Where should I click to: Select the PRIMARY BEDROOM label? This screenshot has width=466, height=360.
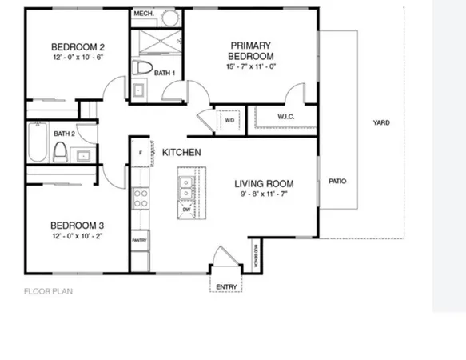point(250,50)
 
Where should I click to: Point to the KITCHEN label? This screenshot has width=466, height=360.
point(181,152)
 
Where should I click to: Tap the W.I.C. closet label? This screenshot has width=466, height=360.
point(287,116)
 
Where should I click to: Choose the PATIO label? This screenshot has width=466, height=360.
point(337,181)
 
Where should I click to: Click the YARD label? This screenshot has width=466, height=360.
point(380,122)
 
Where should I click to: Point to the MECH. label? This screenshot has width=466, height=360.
point(144,14)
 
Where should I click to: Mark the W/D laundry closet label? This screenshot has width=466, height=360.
point(229,121)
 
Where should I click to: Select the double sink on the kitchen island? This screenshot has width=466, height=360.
point(185,187)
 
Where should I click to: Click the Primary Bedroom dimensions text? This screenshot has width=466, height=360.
point(250,67)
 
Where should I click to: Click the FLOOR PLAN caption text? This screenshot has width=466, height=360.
point(48,291)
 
